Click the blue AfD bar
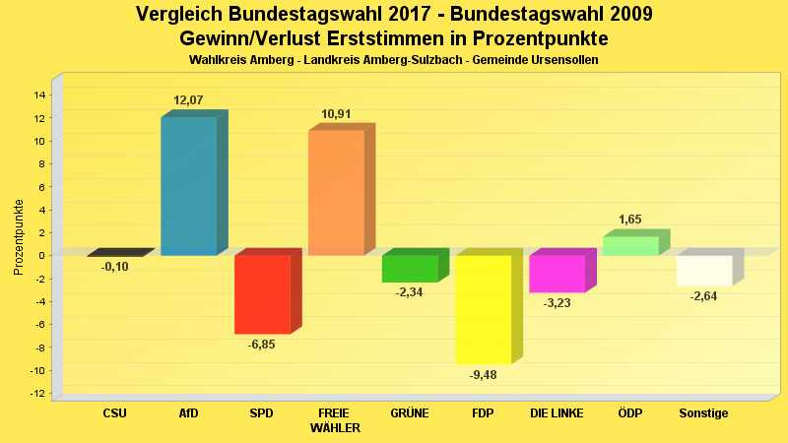tap(188, 186)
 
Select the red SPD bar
tap(262, 294)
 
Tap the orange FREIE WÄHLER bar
tap(336, 193)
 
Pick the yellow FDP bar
tap(483, 309)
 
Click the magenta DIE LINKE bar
tap(557, 274)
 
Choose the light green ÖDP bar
tap(630, 246)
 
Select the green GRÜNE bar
tap(410, 269)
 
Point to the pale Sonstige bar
tap(704, 271)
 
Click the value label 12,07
tap(188, 100)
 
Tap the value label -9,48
tap(483, 374)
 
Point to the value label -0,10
tap(114, 267)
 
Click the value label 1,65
tap(630, 220)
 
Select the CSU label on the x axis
tap(114, 413)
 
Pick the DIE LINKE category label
tap(557, 413)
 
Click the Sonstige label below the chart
tap(704, 413)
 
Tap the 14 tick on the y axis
tap(40, 95)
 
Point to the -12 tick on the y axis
tap(38, 394)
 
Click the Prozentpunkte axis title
tap(19, 237)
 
